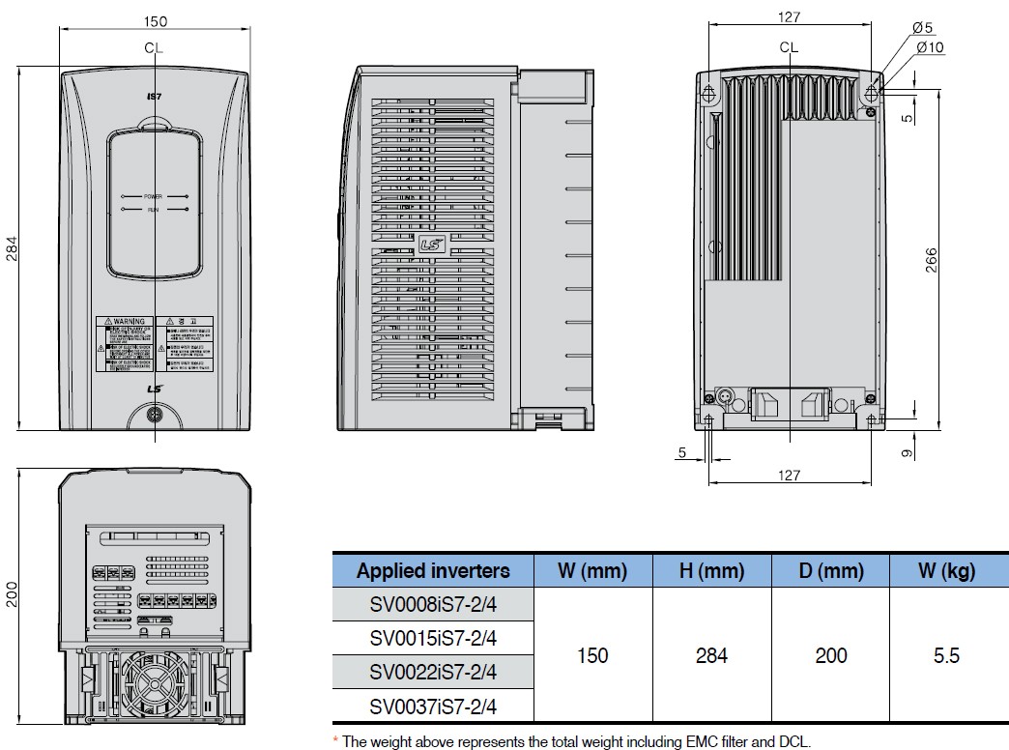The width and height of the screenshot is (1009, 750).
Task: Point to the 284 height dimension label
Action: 12,248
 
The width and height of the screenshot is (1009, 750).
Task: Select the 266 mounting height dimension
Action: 932,259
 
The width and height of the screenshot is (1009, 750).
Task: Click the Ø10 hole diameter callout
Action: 929,47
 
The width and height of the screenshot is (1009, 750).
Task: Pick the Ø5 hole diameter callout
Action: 922,29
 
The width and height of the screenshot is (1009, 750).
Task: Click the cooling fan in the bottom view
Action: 155,686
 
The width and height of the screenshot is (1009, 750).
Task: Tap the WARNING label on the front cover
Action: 125,321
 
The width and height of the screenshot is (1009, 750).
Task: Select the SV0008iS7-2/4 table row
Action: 433,604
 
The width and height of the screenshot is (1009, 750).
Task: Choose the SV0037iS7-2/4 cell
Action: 433,707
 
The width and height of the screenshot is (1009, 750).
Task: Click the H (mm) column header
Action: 711,570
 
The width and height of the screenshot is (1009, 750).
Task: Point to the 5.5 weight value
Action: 946,655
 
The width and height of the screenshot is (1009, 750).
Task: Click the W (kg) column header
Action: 946,570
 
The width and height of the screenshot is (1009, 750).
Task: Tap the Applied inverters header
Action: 433,570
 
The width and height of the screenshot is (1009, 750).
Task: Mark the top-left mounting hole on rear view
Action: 709,93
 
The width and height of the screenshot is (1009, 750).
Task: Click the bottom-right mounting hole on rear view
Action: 872,420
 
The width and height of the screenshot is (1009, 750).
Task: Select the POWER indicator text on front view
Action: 154,196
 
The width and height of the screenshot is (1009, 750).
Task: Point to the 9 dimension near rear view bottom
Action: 908,451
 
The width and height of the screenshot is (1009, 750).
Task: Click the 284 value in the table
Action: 711,655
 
